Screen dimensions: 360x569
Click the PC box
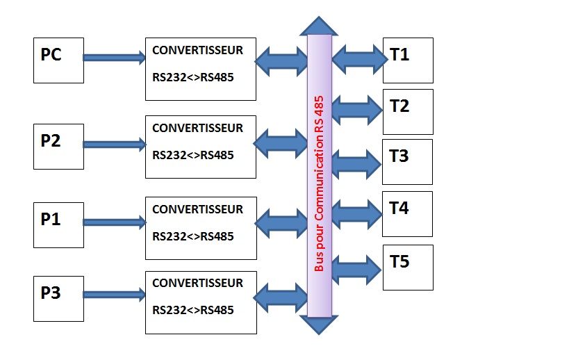58,61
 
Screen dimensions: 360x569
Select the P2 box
58,147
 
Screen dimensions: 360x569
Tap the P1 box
58,225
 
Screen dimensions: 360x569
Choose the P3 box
58,298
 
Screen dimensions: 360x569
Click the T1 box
408,60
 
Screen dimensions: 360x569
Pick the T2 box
408,111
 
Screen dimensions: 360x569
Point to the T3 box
408,161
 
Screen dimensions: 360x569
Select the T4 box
408,213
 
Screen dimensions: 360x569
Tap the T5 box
408,267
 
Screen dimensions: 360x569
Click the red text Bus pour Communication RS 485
320,183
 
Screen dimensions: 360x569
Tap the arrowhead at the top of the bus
319,26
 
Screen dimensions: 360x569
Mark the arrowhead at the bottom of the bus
319,325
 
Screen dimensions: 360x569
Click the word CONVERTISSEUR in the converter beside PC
197,51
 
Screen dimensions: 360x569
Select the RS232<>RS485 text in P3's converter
192,309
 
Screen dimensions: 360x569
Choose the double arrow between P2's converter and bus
281,144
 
